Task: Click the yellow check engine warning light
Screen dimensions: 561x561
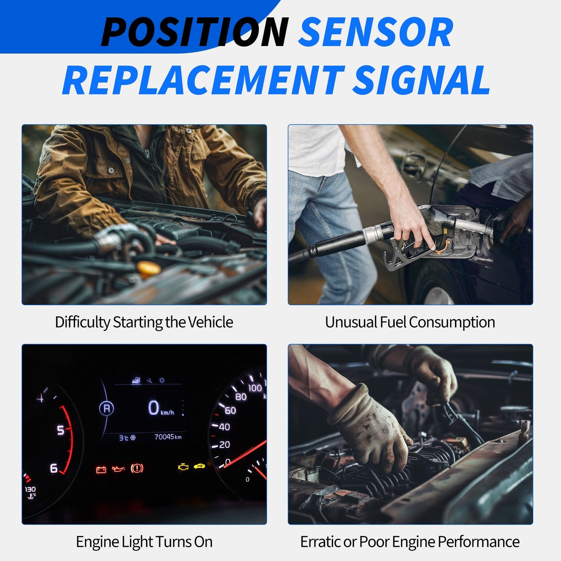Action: (183, 467)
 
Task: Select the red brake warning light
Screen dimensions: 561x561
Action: (137, 468)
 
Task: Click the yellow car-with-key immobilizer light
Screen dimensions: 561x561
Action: (199, 466)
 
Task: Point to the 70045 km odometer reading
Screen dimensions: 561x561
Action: (168, 437)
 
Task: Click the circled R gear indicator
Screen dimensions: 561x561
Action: (107, 408)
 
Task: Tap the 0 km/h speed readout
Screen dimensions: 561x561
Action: (161, 408)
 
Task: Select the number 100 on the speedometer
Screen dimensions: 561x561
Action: (255, 388)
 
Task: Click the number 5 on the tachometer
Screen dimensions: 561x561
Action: (61, 430)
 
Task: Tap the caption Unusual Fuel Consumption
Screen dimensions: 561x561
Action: (410, 322)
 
